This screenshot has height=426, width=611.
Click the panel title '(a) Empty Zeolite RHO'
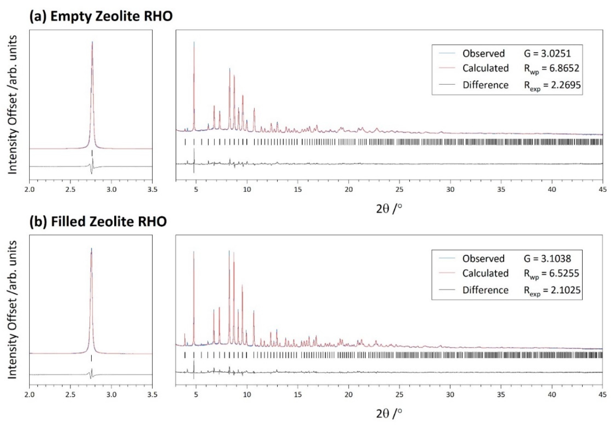101,17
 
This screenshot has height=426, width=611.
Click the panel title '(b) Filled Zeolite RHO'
98,222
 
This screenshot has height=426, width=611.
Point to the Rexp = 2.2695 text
552,85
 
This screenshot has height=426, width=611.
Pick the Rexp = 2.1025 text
552,290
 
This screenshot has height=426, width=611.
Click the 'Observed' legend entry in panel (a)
483,53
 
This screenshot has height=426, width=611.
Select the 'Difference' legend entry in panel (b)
485,290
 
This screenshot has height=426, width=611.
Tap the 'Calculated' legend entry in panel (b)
485,273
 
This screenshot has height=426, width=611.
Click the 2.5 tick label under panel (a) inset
70,190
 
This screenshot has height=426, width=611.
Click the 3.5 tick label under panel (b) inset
152,395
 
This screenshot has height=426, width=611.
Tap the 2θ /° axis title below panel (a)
389,209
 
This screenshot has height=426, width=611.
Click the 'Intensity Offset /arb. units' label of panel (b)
12,310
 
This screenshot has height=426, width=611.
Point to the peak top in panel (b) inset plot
91,249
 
